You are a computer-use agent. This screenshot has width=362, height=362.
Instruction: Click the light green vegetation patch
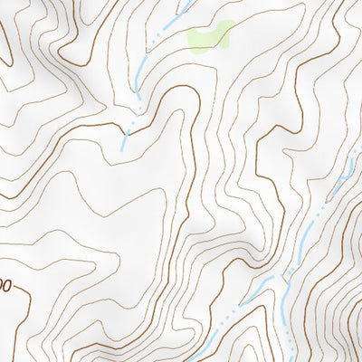tap(208, 36)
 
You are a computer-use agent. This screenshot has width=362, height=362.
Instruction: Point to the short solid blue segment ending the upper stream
tap(124, 140)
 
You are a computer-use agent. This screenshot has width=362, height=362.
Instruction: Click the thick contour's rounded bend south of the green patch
tap(176, 90)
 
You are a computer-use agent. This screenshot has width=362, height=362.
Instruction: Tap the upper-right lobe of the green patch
tap(224, 27)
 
